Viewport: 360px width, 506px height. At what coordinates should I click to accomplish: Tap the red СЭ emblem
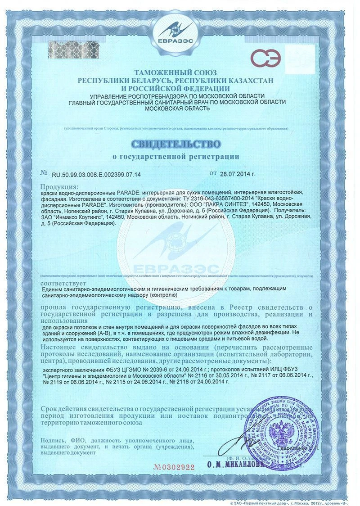pos(266,59)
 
